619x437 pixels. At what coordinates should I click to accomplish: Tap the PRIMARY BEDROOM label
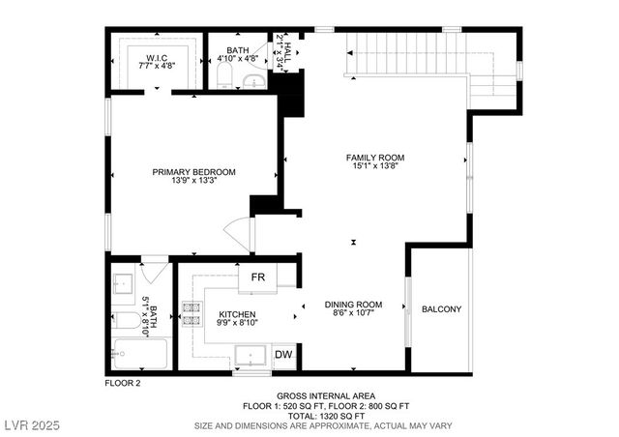(193, 177)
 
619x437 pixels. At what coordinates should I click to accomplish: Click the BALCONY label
(441, 309)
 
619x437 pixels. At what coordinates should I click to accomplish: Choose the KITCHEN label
(236, 320)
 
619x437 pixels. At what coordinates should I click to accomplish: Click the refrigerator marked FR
(258, 277)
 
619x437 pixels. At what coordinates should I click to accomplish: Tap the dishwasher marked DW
(283, 355)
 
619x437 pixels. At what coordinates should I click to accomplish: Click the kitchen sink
(251, 355)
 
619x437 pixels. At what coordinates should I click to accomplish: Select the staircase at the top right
(406, 58)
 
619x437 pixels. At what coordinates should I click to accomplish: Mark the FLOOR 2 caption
(123, 384)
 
